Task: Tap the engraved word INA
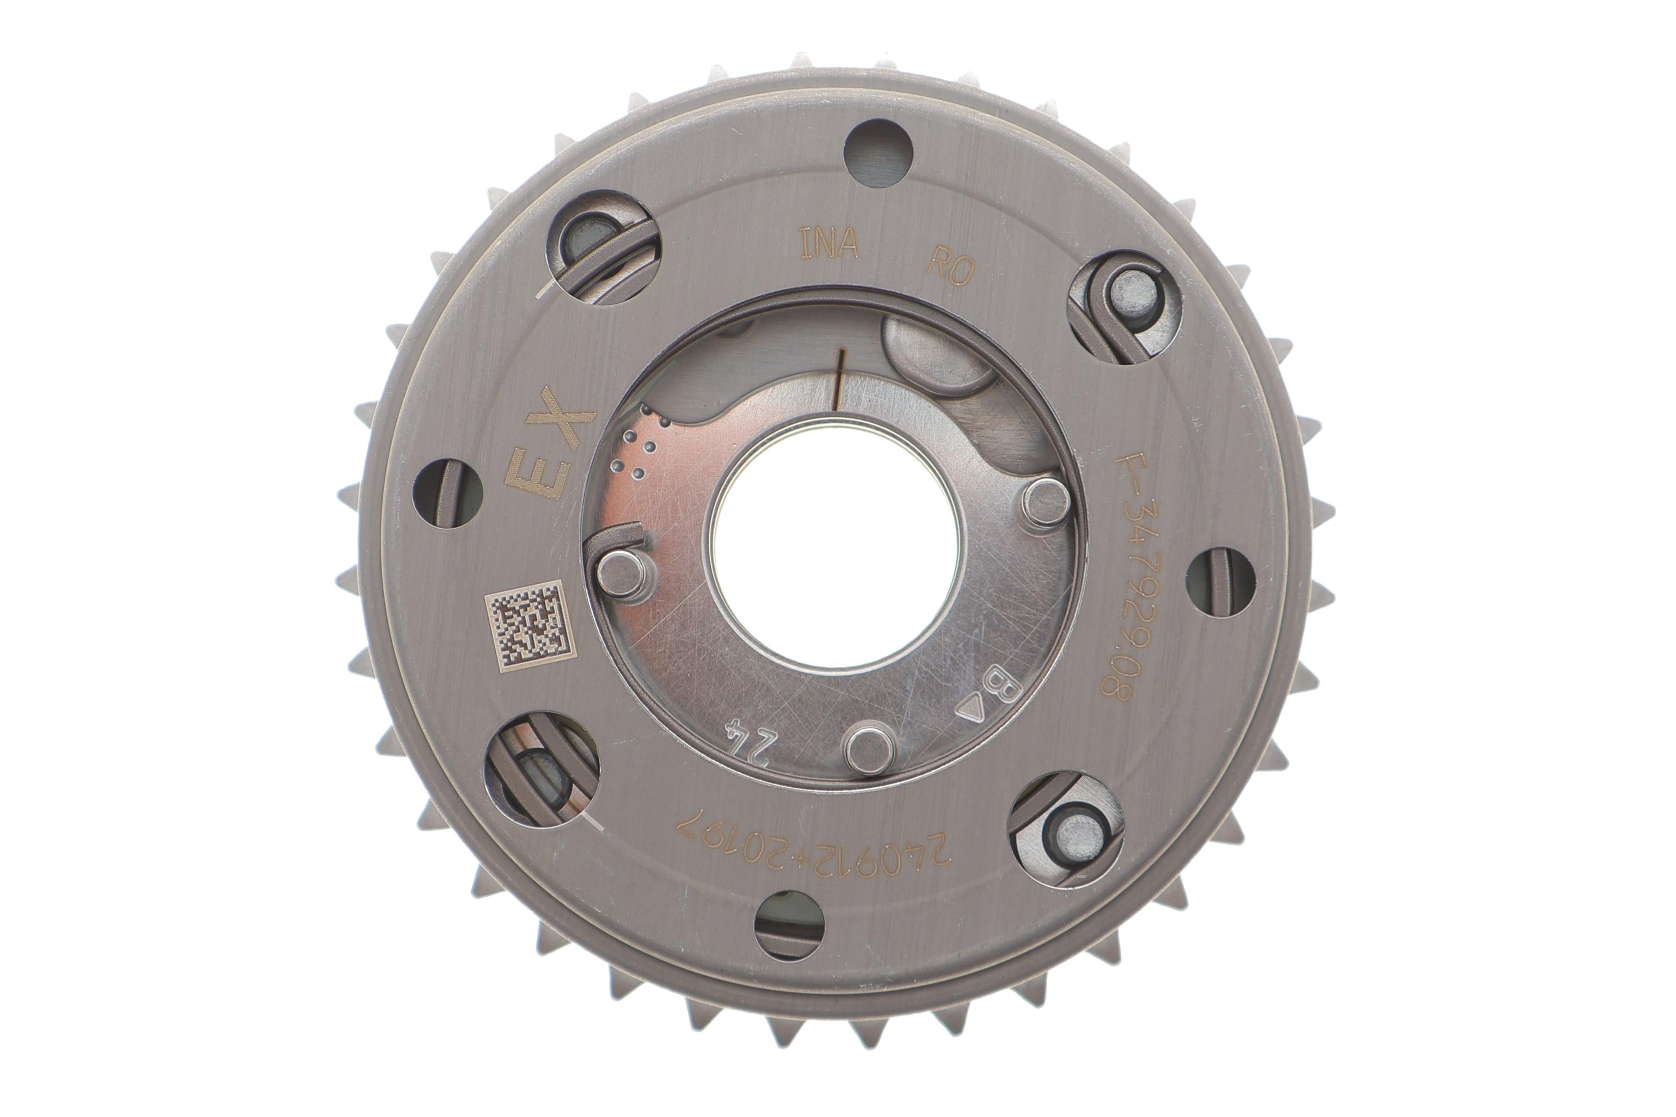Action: click(828, 244)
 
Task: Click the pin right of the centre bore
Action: click(1045, 502)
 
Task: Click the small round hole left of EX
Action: click(447, 493)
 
